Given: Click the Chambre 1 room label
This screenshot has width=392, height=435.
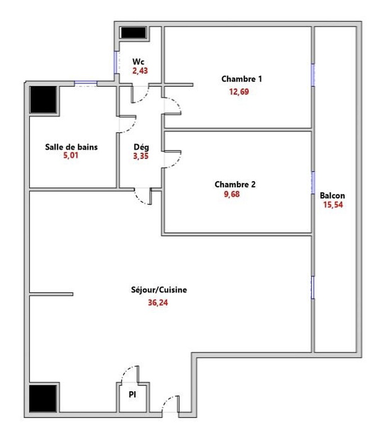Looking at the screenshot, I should pos(241,79).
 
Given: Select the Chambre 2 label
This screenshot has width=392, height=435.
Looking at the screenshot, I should pos(235,184).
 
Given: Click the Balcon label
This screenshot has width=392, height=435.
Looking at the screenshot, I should pos(332,196).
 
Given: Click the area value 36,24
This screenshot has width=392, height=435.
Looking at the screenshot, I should pos(157,303).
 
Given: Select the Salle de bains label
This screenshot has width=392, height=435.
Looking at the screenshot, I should pos(71,147).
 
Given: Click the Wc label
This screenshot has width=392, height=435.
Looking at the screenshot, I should pos(138,61).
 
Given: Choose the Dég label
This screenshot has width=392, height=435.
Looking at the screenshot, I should pos(141,147).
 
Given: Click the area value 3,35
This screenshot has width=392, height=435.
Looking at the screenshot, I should pos(141,157).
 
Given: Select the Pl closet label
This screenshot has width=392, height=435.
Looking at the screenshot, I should pos(133,395).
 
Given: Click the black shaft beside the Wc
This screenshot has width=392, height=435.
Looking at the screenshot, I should pos(134,33).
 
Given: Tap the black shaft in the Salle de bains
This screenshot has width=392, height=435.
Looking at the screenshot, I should pos(44,100).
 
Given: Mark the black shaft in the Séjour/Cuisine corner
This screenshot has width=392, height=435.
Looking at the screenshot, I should pos(43,398).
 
